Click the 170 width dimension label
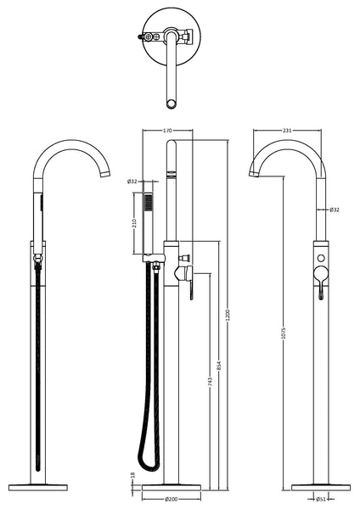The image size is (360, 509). pyautogui.click(x=167, y=131)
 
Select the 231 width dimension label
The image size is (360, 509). pyautogui.click(x=290, y=131)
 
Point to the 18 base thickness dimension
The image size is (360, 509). pyautogui.click(x=132, y=480)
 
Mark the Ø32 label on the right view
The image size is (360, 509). pyautogui.click(x=334, y=210)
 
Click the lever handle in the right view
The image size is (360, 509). pyautogui.click(x=322, y=284)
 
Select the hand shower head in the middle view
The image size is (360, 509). pyautogui.click(x=151, y=204)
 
